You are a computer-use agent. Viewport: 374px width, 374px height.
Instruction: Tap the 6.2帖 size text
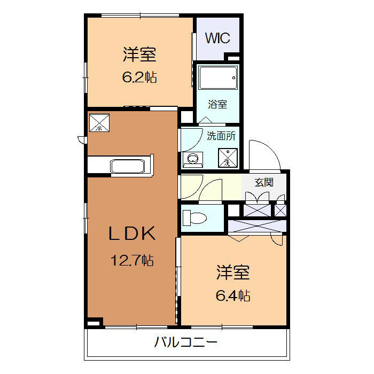tap(139, 77)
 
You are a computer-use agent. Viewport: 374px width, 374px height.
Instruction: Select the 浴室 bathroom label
tap(217, 104)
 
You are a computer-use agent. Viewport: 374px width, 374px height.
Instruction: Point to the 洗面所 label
tap(220, 136)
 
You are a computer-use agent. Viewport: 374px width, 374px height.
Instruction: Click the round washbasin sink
tap(193, 158)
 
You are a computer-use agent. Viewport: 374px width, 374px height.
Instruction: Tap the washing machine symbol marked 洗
tap(227, 157)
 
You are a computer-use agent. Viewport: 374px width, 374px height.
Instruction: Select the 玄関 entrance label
tap(263, 182)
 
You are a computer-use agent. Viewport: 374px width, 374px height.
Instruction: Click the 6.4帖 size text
tap(233, 294)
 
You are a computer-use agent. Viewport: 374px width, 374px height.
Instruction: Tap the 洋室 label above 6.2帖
tap(139, 54)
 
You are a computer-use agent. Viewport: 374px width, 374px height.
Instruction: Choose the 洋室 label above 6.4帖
tap(233, 272)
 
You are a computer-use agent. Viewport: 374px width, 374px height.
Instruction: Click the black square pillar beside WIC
tap(233, 57)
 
